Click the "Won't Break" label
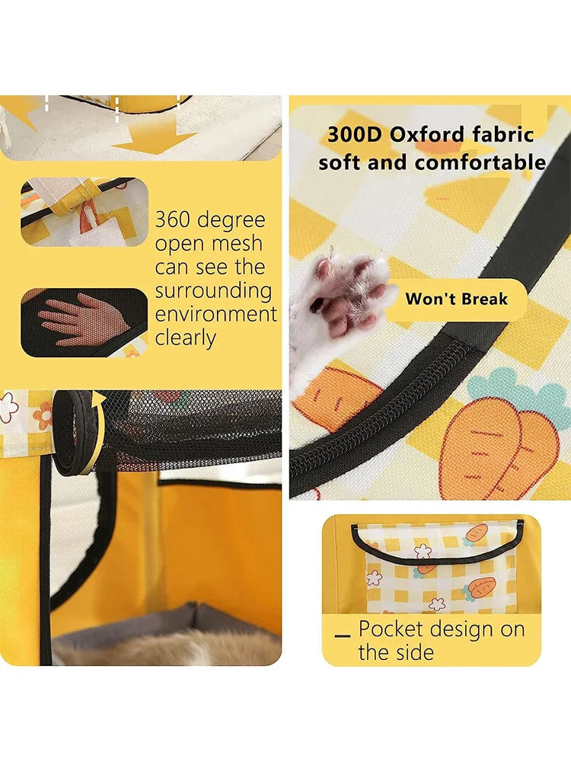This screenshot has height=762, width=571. (x=456, y=299)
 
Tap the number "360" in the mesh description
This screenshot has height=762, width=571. (x=173, y=219)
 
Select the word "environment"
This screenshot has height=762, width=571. (x=215, y=315)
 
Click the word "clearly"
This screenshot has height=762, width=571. (x=186, y=338)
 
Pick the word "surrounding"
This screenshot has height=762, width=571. (x=214, y=291)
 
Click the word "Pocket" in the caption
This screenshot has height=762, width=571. (x=391, y=629)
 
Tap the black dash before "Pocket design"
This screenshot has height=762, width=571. (x=343, y=636)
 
